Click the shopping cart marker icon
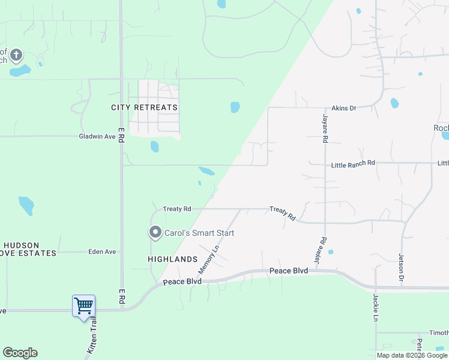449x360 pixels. tap(83, 306)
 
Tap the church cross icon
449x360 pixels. tap(16, 56)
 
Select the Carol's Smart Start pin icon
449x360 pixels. tap(155, 232)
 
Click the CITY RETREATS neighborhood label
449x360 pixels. tap(145, 107)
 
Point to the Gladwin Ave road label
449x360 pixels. tap(97, 136)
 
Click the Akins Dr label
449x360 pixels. tap(344, 108)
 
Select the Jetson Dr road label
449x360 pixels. tap(401, 268)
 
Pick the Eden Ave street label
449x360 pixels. tap(102, 252)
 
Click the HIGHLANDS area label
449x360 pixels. tap(173, 259)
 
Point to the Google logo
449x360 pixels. tap(20, 353)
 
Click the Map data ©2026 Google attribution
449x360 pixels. tap(412, 355)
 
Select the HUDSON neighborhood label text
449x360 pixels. tap(22, 245)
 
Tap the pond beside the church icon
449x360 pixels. tap(20, 71)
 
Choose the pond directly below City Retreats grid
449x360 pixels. tap(154, 146)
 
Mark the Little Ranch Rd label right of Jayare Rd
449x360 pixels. tap(353, 163)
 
